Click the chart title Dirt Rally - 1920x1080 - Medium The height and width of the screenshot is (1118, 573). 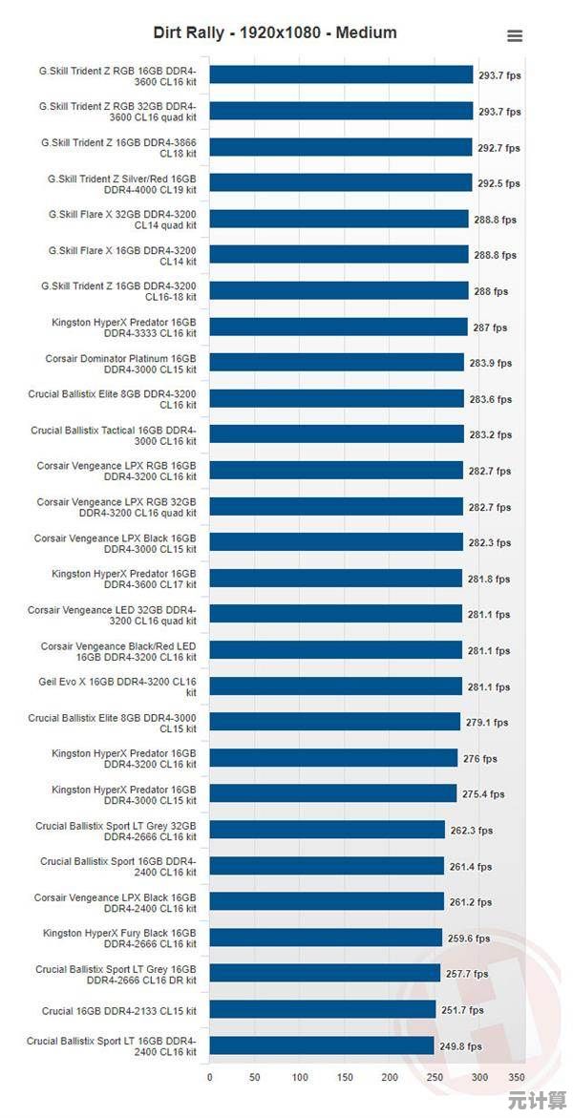point(275,32)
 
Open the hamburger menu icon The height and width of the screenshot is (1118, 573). point(515,36)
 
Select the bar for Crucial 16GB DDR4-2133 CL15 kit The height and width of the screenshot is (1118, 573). point(322,1009)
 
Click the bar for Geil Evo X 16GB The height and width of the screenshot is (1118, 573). point(335,686)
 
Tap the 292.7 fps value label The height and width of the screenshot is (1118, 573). point(499,148)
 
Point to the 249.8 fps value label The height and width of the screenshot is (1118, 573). point(460,1046)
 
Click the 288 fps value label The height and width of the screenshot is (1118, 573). point(491,291)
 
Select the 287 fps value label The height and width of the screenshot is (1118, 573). point(490,327)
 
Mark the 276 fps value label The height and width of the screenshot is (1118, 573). point(479,759)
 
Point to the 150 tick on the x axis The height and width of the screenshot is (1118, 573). point(345,1077)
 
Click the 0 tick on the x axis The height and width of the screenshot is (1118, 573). point(210,1077)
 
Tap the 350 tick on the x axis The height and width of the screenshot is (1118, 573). point(517,1077)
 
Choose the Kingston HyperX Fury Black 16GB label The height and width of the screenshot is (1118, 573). point(119,938)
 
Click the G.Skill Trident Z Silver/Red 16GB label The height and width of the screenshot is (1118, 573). point(122,183)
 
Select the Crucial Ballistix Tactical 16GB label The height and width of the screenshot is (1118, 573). point(114,435)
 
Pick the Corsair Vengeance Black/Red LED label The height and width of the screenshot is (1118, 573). point(118,651)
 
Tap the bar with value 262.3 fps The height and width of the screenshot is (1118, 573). point(328,830)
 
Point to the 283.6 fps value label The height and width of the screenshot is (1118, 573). point(490,399)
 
